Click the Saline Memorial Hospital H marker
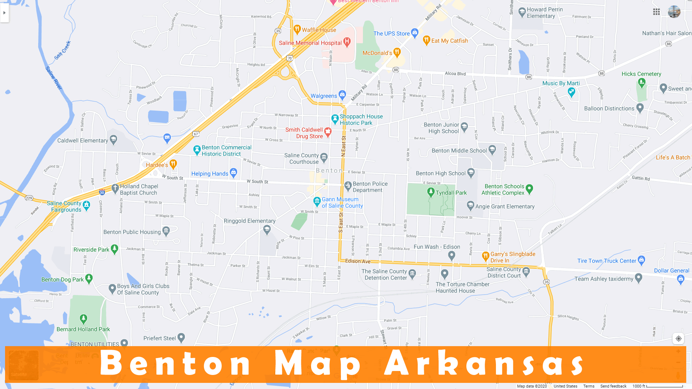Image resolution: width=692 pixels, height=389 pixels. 347,42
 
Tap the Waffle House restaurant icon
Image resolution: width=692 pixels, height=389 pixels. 297,29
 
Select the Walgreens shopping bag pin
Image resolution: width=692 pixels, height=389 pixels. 342,95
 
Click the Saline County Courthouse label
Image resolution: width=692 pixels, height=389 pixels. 301,158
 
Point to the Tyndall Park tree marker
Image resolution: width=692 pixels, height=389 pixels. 431,192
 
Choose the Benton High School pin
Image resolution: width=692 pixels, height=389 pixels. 471,173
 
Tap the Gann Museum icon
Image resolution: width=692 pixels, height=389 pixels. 317,201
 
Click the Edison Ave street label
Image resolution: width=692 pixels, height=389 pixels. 358,261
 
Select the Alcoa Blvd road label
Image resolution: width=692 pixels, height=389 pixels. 455,73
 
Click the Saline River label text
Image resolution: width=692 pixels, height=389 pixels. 54,78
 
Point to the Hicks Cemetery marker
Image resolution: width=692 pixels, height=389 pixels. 642,82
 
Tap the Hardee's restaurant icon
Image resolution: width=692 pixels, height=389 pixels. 173,164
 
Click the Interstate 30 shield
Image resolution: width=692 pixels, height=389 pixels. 102,192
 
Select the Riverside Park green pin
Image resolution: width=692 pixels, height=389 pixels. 115,249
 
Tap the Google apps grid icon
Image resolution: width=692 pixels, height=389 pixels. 656,12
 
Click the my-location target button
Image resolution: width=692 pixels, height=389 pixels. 678,339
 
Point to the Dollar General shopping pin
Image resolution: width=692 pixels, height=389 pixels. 680,279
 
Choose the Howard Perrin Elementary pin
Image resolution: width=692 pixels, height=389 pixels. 522,12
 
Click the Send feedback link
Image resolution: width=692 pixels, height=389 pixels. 613,386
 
